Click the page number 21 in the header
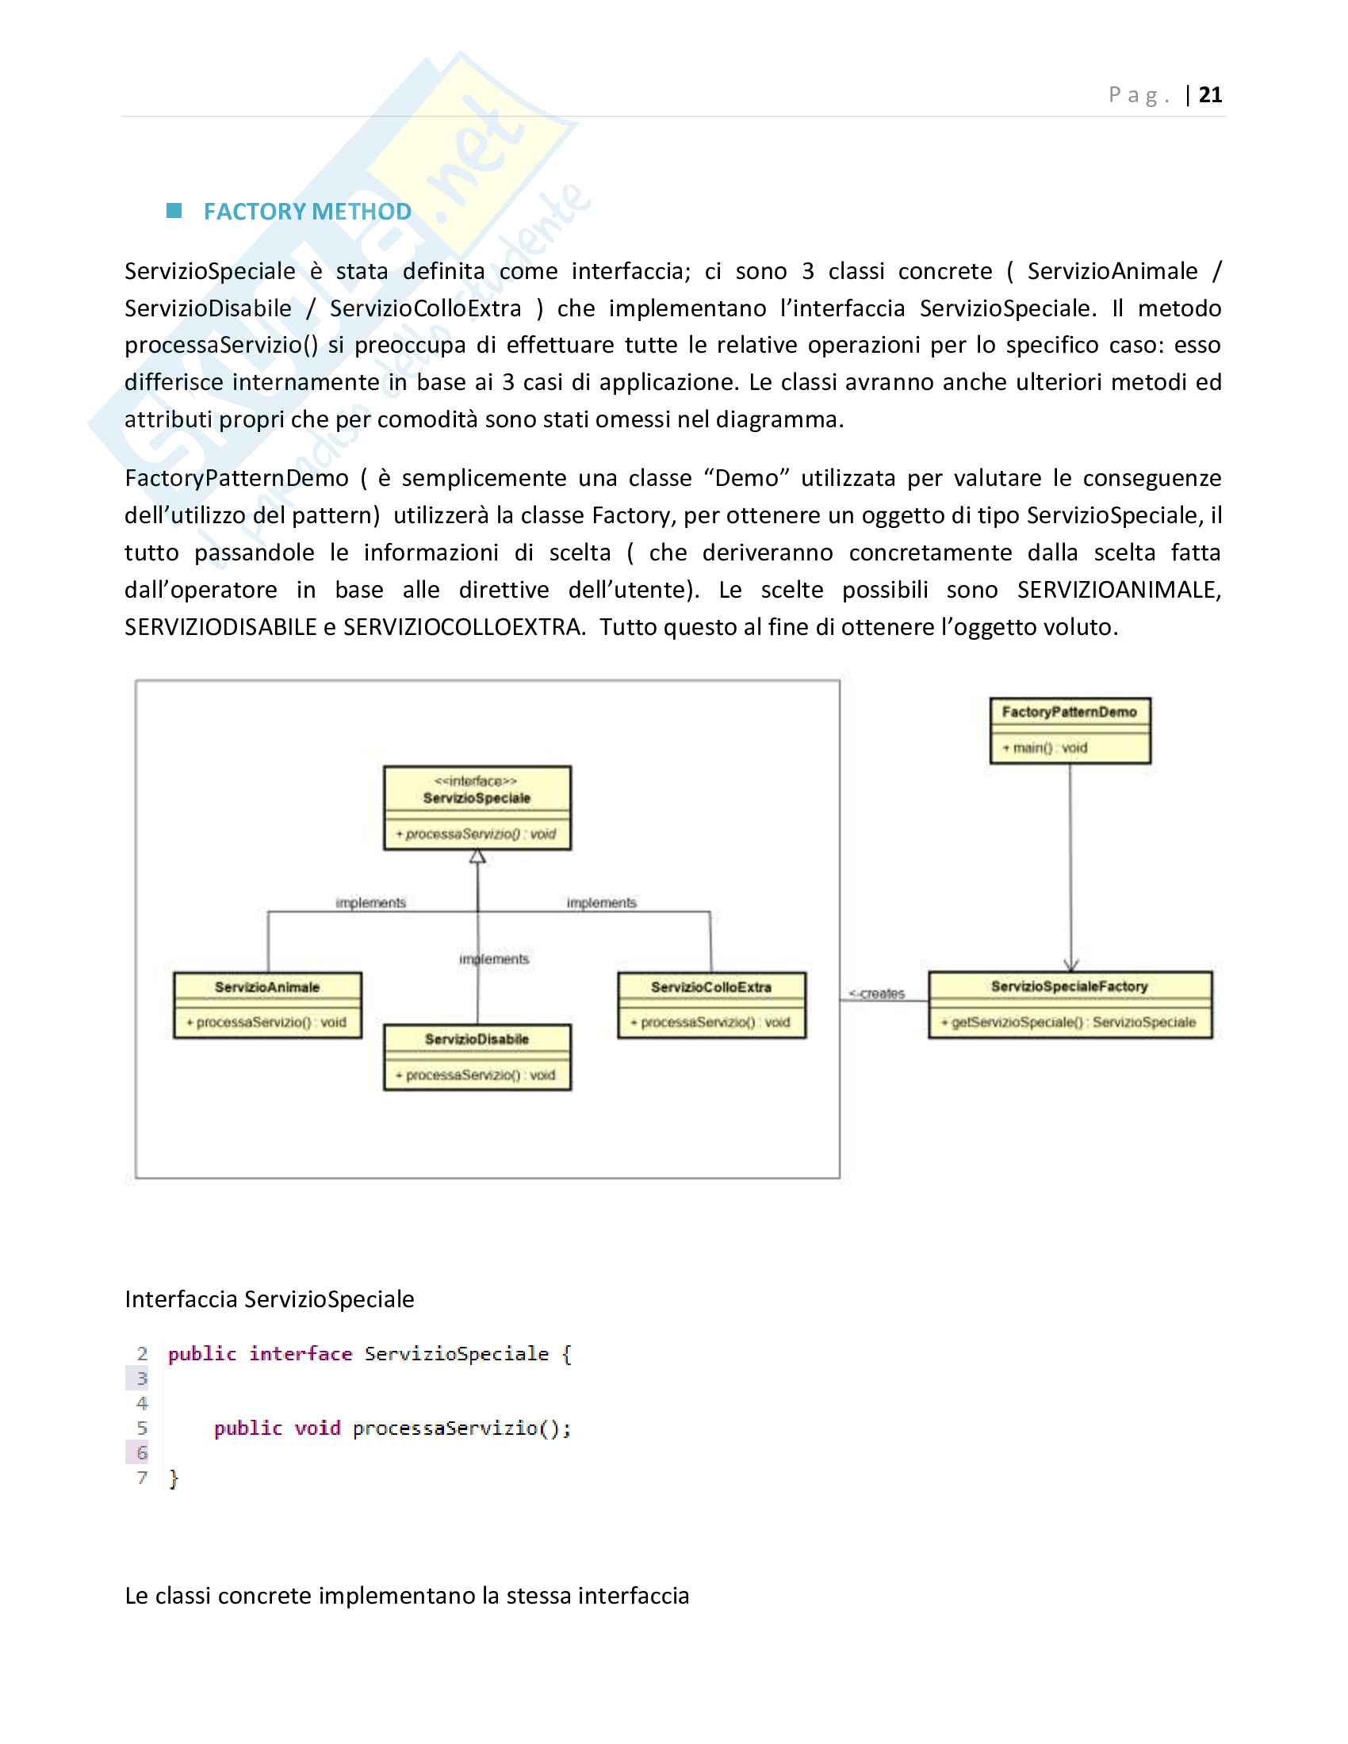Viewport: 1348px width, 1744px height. [x=1210, y=95]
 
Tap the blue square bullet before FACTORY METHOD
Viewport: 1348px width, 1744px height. [x=174, y=211]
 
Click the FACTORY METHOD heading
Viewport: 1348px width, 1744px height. [x=308, y=212]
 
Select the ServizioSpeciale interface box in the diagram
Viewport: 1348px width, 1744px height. [x=477, y=807]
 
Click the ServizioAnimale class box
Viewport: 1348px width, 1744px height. [x=267, y=1004]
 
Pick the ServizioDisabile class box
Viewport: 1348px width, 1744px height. [x=477, y=1057]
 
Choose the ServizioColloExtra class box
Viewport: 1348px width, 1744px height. [x=711, y=1004]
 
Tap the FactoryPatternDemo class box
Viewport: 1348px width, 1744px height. [x=1070, y=730]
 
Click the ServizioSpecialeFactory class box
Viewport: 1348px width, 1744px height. [x=1070, y=1004]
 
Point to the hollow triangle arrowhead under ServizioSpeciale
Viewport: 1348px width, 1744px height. [x=477, y=857]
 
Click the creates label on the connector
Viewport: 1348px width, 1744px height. [x=879, y=993]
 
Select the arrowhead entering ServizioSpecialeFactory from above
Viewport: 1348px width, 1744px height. [x=1071, y=965]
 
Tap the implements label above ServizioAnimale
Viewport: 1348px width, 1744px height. [x=370, y=902]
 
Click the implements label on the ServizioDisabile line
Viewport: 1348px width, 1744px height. [x=494, y=958]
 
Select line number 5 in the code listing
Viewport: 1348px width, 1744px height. [x=142, y=1428]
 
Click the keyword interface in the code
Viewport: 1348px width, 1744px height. [x=301, y=1353]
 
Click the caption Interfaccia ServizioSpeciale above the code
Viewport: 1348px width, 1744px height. [x=269, y=1299]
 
